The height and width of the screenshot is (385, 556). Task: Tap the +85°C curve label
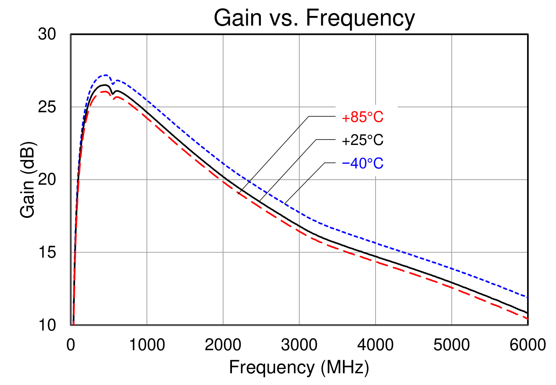(x=363, y=118)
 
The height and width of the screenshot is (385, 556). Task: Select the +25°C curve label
(x=363, y=141)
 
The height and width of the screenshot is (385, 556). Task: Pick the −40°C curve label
(x=363, y=163)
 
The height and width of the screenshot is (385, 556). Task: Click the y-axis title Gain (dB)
(x=28, y=180)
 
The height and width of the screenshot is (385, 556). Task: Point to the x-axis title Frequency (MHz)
(x=299, y=367)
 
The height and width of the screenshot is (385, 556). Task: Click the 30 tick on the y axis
(x=47, y=34)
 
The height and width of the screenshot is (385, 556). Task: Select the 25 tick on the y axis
(x=47, y=107)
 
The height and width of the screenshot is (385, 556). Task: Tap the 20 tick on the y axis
(x=47, y=180)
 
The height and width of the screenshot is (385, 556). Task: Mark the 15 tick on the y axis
(x=47, y=253)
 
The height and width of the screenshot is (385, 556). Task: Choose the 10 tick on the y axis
(x=47, y=325)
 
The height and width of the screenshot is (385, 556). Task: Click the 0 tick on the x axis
(x=71, y=345)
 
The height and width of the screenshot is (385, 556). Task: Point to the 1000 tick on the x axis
(x=147, y=345)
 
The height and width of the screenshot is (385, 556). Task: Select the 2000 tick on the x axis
(x=223, y=345)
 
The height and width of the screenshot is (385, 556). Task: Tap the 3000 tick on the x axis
(x=299, y=345)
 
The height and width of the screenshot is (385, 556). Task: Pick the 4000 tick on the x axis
(x=376, y=345)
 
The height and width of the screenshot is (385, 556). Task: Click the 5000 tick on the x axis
(x=452, y=345)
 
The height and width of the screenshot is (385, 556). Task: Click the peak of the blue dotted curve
(x=106, y=75)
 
